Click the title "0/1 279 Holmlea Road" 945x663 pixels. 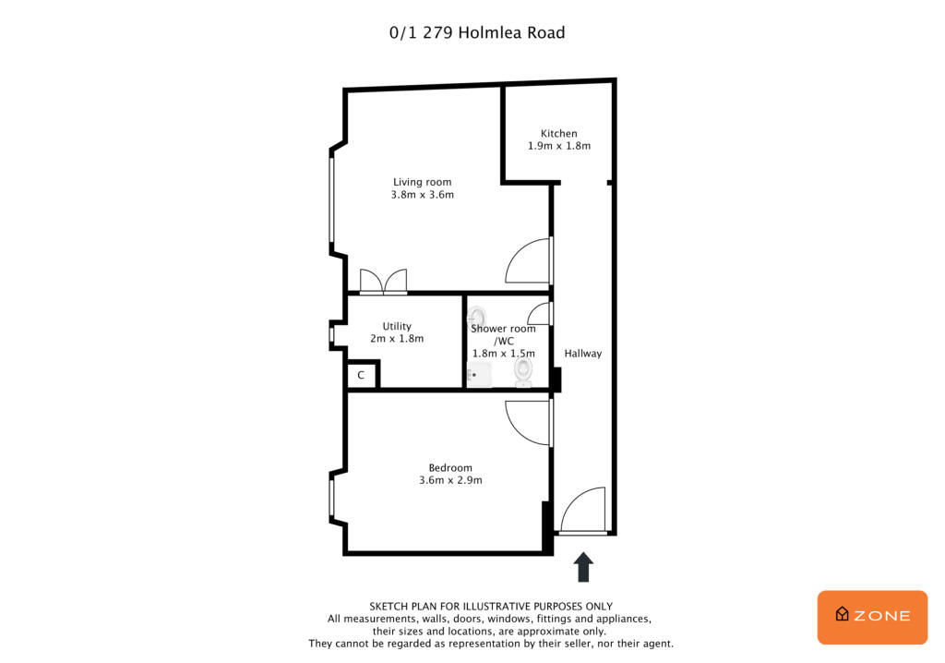coord(476,33)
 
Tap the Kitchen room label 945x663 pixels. coord(558,134)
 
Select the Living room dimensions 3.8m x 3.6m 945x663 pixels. coord(423,195)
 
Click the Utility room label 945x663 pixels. coord(397,326)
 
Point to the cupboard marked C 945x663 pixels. coord(362,376)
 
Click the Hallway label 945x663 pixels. coord(583,354)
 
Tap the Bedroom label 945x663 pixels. coord(450,467)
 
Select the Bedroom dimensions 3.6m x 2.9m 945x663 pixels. coord(450,480)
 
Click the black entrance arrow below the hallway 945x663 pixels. coord(583,566)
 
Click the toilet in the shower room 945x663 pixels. coord(523,371)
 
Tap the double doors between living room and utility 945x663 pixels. coord(383,281)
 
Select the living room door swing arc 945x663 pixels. coord(528,262)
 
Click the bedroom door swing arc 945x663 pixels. coord(528,423)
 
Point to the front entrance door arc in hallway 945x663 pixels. coord(582,511)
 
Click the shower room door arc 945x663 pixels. coord(541,314)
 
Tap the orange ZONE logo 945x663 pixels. coord(872,616)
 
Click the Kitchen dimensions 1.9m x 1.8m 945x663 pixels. coord(558,146)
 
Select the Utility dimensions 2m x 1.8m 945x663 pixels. coord(397,339)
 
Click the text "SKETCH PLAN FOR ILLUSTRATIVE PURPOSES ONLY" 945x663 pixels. coord(491,607)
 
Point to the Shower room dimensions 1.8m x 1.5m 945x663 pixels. coord(504,353)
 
